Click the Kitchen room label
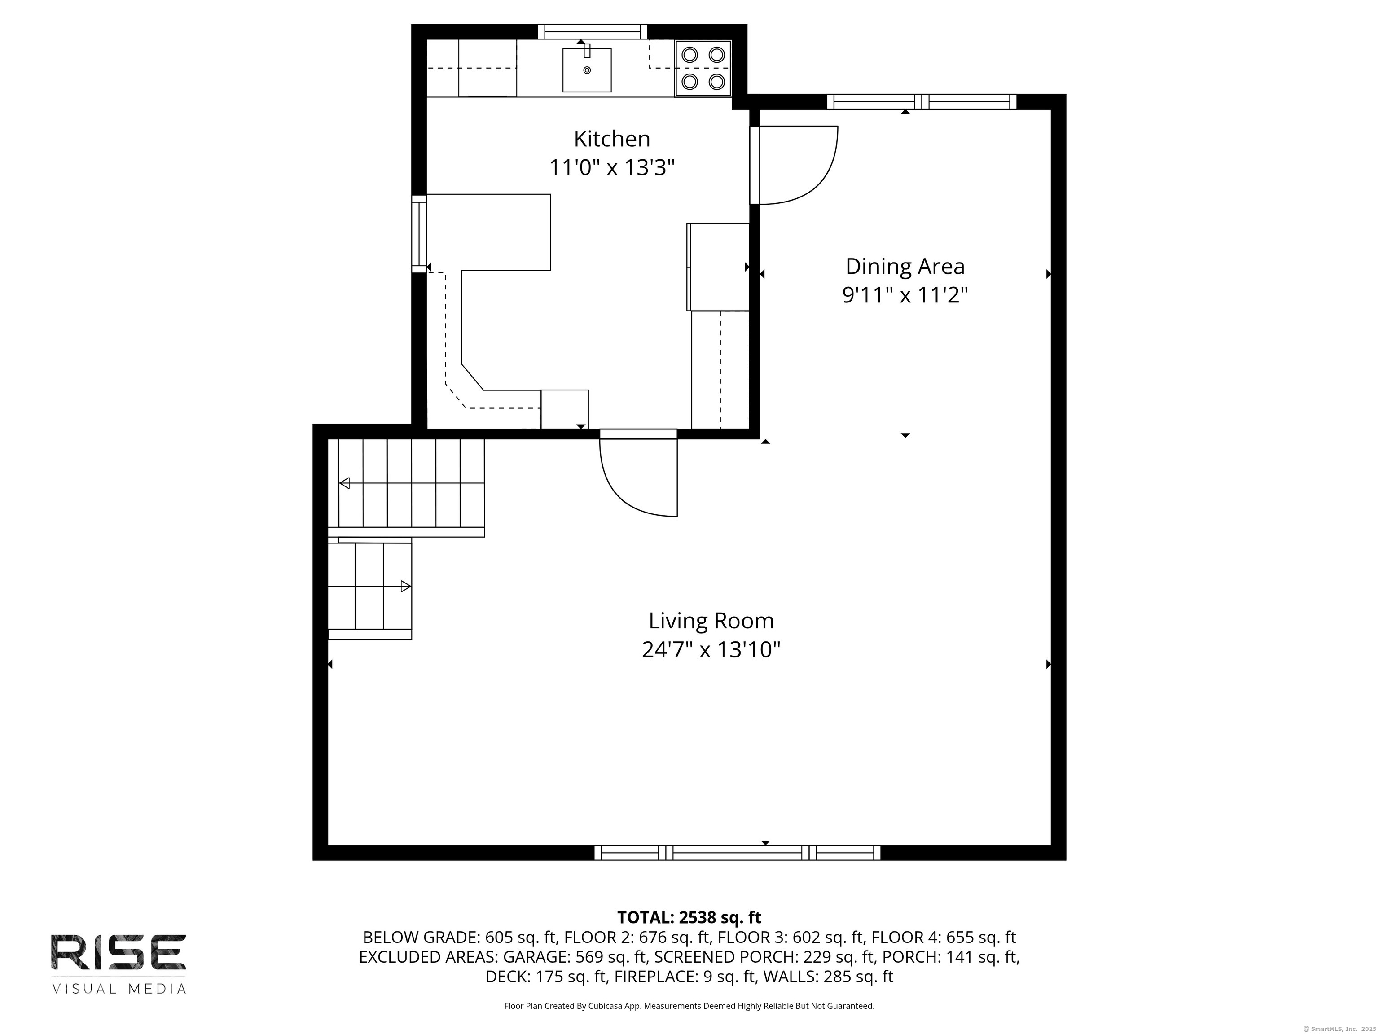click(x=611, y=138)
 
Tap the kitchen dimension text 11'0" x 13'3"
click(x=611, y=168)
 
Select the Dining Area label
click(x=905, y=266)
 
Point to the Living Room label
click(x=711, y=621)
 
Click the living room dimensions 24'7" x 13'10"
click(x=711, y=650)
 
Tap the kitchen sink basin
click(x=587, y=70)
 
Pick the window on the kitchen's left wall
click(x=419, y=234)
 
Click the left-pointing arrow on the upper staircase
click(x=344, y=483)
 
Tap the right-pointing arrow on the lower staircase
click(x=405, y=586)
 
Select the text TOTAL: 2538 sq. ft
click(x=689, y=917)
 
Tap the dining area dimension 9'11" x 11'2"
click(x=905, y=295)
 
